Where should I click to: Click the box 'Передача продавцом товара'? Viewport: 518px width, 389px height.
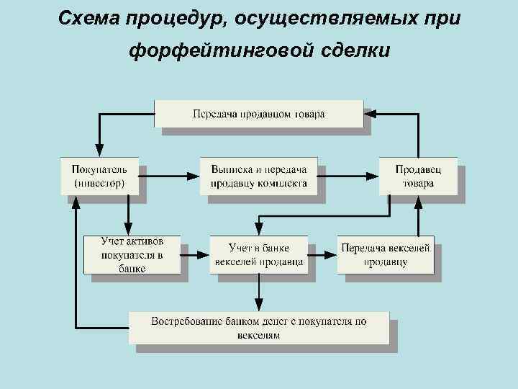[259, 114]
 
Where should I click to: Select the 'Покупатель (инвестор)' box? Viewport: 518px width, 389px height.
[99, 176]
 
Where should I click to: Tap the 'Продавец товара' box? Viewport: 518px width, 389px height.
[418, 176]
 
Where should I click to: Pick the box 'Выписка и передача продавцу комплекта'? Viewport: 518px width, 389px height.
[259, 176]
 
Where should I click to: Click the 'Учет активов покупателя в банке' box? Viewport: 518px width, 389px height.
[133, 254]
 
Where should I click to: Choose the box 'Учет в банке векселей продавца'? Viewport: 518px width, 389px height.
[259, 254]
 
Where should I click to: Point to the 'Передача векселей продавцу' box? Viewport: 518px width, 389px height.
[386, 254]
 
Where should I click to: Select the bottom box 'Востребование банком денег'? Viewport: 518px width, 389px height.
[259, 328]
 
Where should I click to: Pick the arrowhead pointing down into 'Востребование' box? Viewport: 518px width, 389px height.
[258, 306]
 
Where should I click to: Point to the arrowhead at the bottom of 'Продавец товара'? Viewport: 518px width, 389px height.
[418, 200]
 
